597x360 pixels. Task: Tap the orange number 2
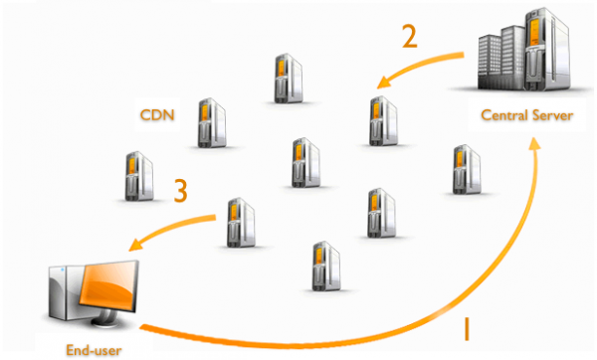pos(409,37)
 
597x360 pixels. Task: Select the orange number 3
pos(180,190)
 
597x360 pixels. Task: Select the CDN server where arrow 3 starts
pos(237,222)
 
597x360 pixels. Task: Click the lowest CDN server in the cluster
pos(321,264)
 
